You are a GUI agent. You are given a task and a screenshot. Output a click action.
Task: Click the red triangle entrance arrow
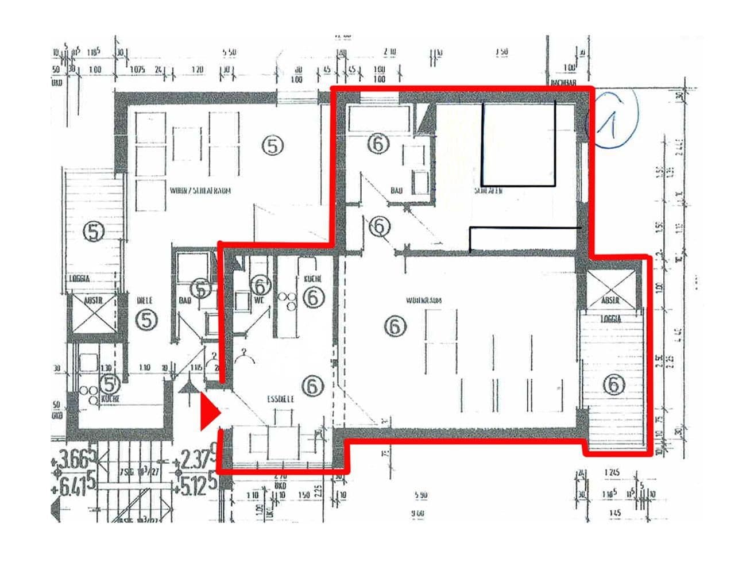coord(209,413)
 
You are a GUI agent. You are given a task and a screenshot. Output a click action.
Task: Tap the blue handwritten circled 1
coord(611,119)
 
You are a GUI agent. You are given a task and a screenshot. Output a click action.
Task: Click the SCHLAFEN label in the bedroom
coord(489,190)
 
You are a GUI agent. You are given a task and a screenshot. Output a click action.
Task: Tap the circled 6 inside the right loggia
coord(614,384)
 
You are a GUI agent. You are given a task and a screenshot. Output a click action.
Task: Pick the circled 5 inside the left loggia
coord(94,232)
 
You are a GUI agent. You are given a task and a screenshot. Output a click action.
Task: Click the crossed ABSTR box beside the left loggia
coord(92,314)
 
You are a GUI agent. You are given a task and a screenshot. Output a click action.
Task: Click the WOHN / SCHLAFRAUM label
coord(200,191)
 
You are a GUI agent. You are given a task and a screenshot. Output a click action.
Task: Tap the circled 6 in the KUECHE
coord(314,297)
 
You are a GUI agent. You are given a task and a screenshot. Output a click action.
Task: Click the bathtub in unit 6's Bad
coord(379,118)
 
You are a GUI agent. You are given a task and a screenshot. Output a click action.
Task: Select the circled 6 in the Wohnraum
coord(395,326)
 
